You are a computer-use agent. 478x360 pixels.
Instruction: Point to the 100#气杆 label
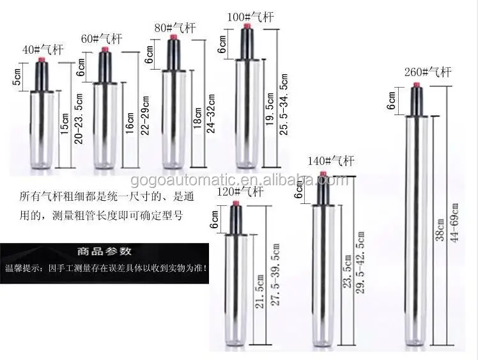251,17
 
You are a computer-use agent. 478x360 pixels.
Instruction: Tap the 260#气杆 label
428,71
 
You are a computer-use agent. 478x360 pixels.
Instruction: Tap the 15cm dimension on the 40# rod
63,129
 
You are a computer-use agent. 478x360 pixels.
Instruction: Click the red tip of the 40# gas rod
42,62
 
